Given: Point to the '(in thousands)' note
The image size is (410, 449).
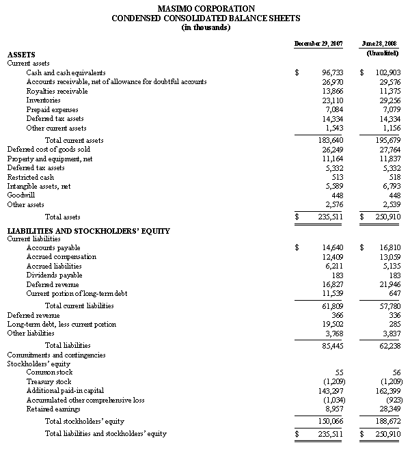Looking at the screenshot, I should point(205,27).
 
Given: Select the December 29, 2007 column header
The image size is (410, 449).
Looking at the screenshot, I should point(318,44).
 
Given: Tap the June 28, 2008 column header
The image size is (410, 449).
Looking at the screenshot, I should point(381,44).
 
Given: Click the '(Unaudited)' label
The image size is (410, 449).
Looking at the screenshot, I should point(382,53).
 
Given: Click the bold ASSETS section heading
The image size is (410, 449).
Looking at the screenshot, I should point(21,54).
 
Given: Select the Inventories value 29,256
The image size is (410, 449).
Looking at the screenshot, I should point(387,100).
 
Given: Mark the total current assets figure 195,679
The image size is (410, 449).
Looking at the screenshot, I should point(385,140).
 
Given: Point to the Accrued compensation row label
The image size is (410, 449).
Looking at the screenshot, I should point(61,257).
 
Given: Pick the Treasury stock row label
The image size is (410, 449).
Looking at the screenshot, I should point(49,381).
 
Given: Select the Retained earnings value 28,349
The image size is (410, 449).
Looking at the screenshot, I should point(387,408).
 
